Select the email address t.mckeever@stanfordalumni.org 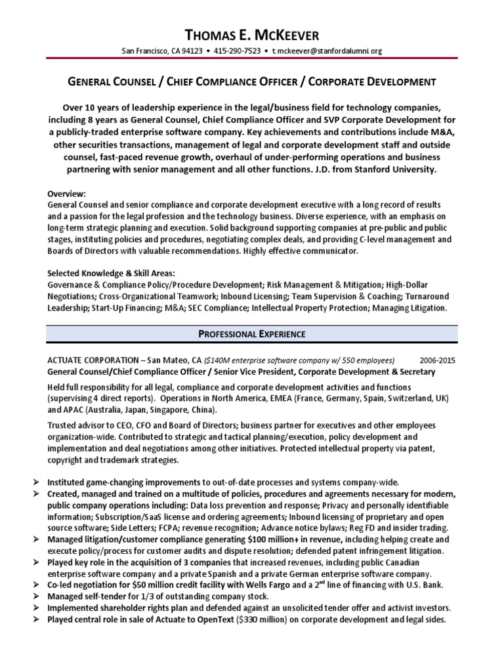326,51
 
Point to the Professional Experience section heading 251,334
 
